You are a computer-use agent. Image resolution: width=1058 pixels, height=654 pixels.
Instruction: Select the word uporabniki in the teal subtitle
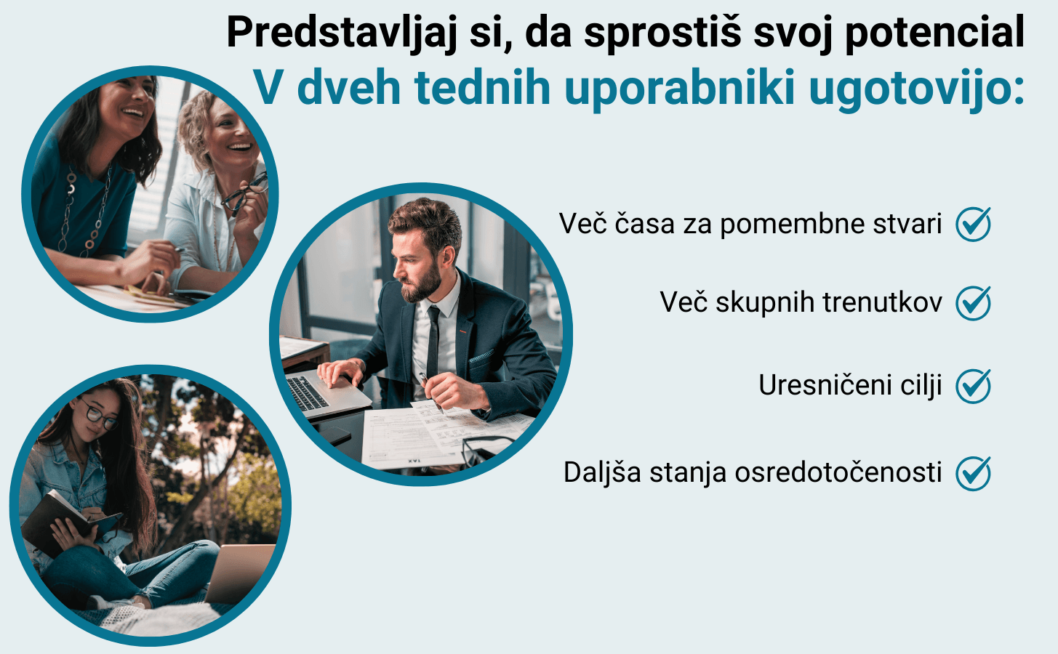point(680,88)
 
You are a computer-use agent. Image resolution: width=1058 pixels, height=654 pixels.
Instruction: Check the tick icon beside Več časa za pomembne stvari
point(974,224)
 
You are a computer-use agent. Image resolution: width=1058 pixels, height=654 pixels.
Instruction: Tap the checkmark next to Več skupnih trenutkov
point(974,303)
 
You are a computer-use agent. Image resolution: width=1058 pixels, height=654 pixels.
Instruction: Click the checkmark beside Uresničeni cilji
point(974,386)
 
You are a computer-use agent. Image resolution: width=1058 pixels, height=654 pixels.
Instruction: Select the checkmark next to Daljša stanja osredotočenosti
point(974,473)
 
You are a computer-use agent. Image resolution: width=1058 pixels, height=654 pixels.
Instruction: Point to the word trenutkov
point(882,302)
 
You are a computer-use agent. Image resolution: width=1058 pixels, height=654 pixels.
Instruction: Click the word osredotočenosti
point(838,472)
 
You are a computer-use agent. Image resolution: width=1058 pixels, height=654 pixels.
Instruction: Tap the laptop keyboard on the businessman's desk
point(307,392)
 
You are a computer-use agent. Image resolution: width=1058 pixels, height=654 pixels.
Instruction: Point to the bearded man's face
point(416,265)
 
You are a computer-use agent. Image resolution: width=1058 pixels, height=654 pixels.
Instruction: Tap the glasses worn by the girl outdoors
point(98,415)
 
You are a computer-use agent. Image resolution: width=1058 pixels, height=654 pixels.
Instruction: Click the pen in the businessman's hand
point(430,392)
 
